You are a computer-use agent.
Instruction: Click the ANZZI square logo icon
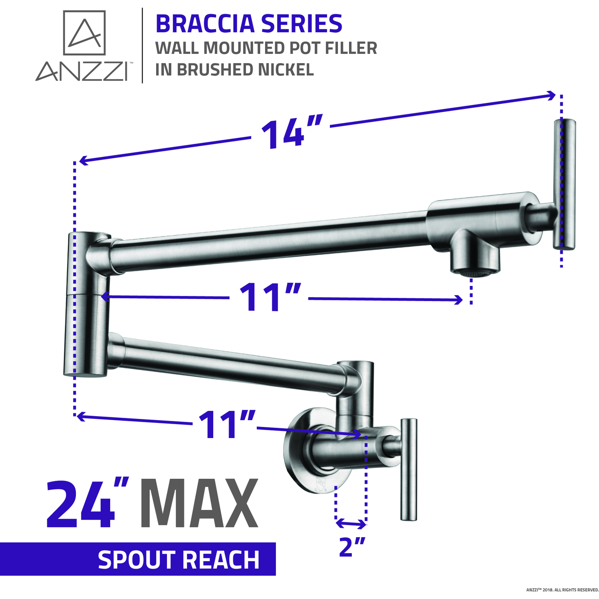coord(84,33)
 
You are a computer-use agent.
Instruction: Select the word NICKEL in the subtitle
coord(286,69)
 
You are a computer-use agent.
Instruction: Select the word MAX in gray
coord(199,504)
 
